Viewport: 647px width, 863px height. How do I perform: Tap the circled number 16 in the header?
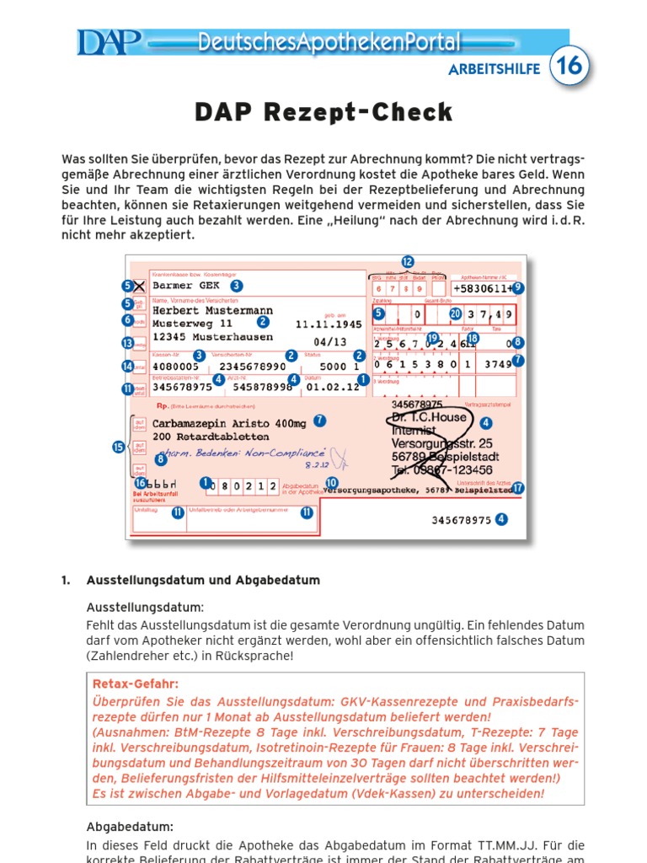pyautogui.click(x=569, y=67)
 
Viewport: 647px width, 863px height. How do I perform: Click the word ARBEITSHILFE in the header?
pyautogui.click(x=494, y=69)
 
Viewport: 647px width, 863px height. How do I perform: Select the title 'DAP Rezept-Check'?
pyautogui.click(x=323, y=112)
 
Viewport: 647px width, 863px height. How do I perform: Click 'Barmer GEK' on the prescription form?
pyautogui.click(x=186, y=286)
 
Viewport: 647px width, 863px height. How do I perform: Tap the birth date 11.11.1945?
pyautogui.click(x=329, y=324)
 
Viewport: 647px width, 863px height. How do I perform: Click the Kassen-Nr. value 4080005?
pyautogui.click(x=176, y=367)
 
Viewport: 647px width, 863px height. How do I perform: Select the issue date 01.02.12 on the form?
pyautogui.click(x=324, y=388)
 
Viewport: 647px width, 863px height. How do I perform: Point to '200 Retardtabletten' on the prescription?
pyautogui.click(x=211, y=437)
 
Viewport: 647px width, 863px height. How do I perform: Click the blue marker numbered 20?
pyautogui.click(x=456, y=314)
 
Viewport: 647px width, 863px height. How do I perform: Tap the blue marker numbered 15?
pyautogui.click(x=119, y=448)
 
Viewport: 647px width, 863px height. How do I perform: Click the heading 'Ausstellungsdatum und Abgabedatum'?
pyautogui.click(x=202, y=581)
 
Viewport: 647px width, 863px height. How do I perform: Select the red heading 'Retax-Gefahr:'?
pyautogui.click(x=136, y=684)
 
